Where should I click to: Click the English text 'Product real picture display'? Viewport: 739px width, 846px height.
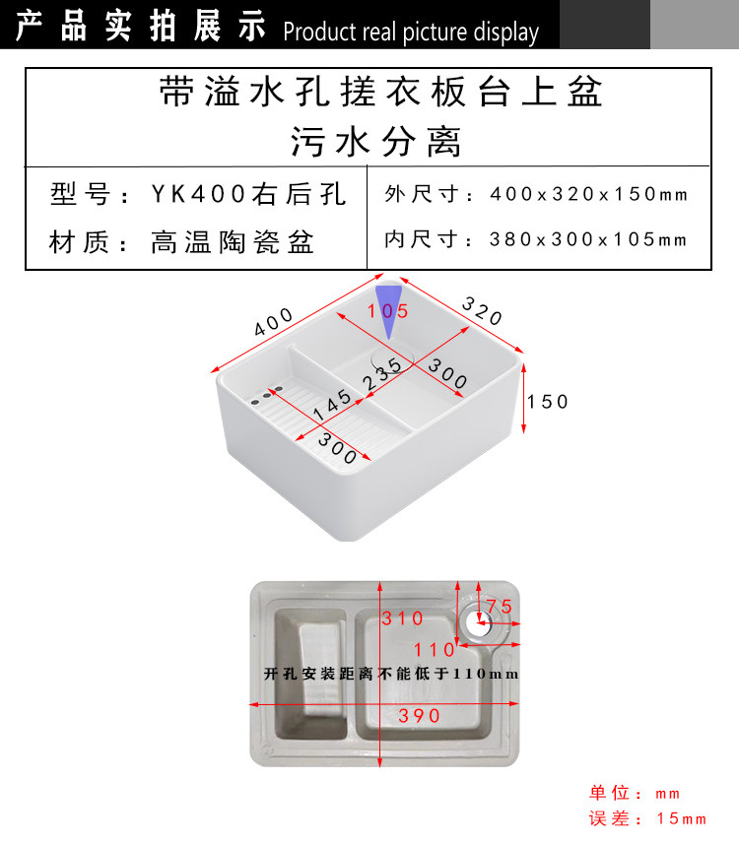pyautogui.click(x=411, y=32)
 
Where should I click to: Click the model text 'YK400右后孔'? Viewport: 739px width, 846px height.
pyautogui.click(x=248, y=194)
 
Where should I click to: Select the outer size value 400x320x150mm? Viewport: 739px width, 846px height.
pyautogui.click(x=589, y=194)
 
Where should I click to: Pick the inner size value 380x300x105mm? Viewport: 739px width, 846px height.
pyautogui.click(x=587, y=239)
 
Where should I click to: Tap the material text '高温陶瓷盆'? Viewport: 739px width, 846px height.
pyautogui.click(x=233, y=241)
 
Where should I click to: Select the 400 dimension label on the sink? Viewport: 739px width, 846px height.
pyautogui.click(x=274, y=322)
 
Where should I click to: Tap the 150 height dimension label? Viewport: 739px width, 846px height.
pyautogui.click(x=548, y=402)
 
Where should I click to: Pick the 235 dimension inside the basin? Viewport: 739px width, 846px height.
pyautogui.click(x=382, y=371)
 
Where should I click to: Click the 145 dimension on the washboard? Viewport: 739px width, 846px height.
pyautogui.click(x=332, y=403)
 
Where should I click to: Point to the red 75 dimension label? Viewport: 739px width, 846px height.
pyautogui.click(x=499, y=607)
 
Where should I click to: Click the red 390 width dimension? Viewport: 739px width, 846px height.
pyautogui.click(x=420, y=716)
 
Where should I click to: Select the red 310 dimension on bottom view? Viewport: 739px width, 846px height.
pyautogui.click(x=402, y=618)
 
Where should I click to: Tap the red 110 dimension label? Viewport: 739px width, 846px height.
pyautogui.click(x=435, y=650)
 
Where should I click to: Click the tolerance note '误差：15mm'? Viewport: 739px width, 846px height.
pyautogui.click(x=647, y=818)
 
